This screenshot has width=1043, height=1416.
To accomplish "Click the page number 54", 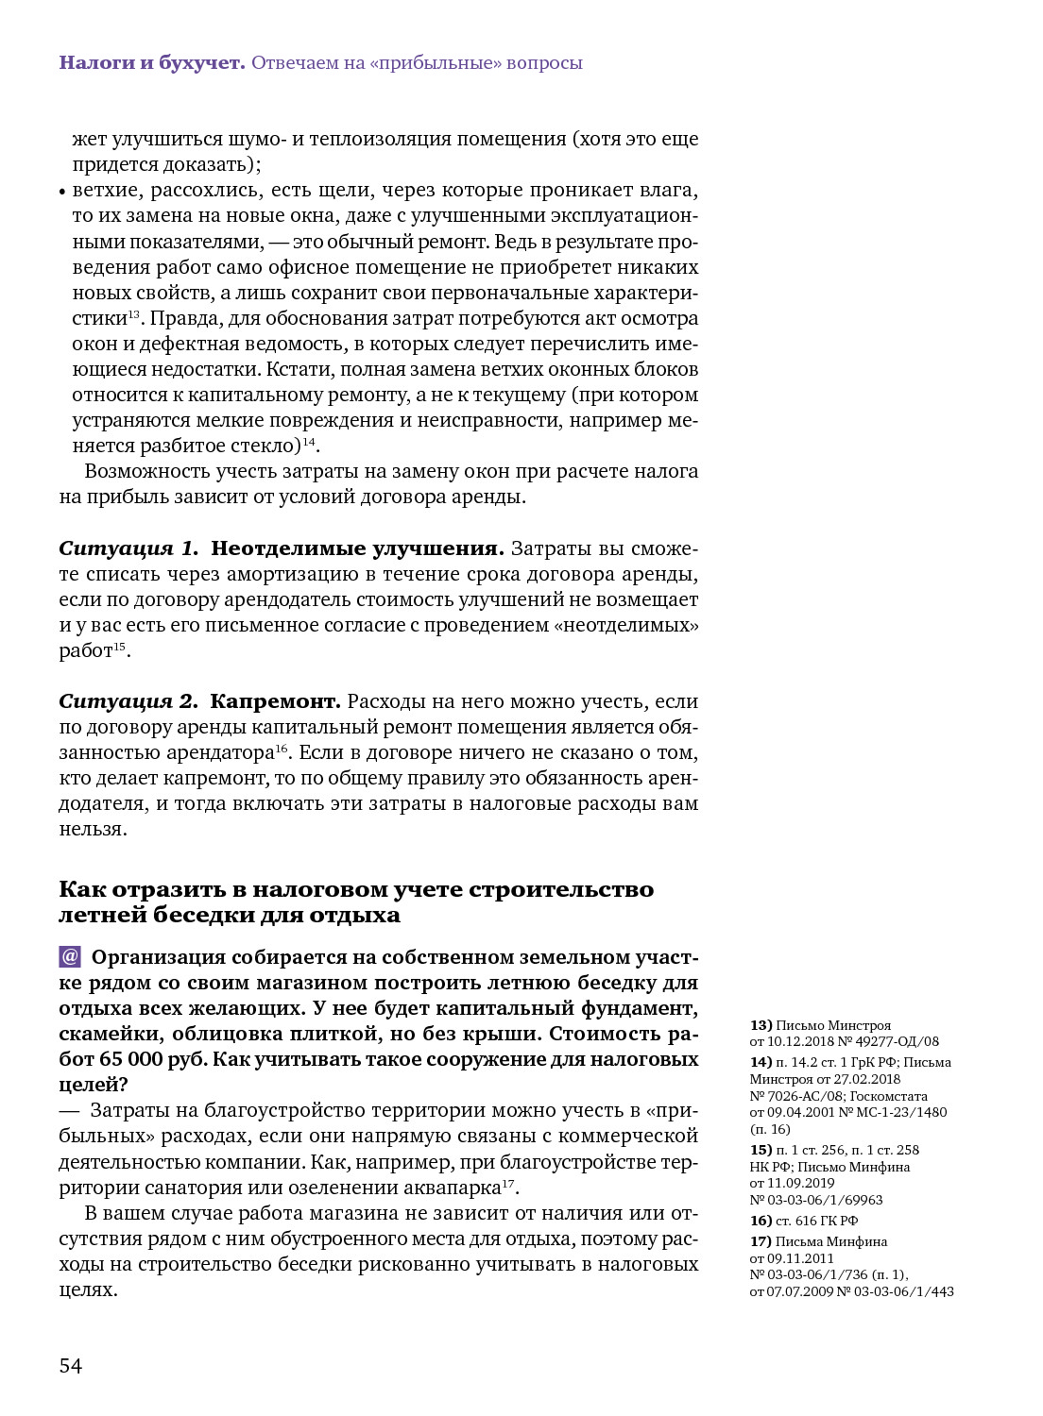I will [x=71, y=1366].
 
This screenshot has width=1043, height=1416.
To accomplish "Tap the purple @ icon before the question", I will [x=70, y=956].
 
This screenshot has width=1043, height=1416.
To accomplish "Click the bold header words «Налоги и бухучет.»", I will [x=151, y=62].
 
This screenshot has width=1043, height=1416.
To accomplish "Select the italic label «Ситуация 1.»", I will [x=128, y=548].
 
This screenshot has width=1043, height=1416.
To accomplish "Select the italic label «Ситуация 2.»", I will [x=128, y=701].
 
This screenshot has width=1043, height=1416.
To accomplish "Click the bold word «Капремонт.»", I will [x=275, y=701].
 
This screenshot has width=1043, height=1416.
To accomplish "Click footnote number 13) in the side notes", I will [x=761, y=1025].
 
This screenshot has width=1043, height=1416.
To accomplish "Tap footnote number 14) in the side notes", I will [x=761, y=1062].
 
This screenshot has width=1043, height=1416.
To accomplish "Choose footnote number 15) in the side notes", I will [x=761, y=1150].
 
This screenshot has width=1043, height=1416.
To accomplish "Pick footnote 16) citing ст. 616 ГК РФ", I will [x=761, y=1221].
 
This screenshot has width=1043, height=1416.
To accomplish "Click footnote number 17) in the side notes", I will [x=761, y=1241].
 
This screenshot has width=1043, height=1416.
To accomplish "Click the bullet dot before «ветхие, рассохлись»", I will [x=62, y=192].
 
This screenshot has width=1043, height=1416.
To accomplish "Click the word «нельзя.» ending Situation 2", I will [x=93, y=829].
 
